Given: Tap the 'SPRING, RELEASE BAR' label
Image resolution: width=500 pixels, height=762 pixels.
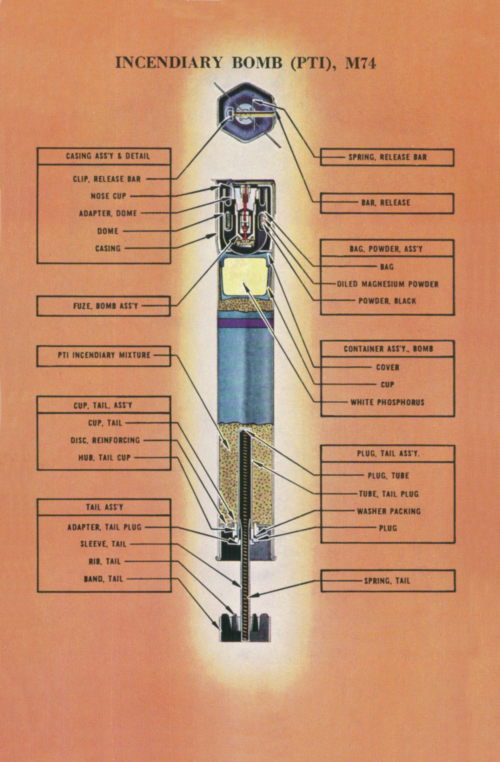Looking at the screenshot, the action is pyautogui.click(x=388, y=157).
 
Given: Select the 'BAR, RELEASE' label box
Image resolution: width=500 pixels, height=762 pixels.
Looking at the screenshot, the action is pyautogui.click(x=387, y=203).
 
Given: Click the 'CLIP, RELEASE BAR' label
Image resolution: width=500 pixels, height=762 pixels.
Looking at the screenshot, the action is pyautogui.click(x=107, y=179).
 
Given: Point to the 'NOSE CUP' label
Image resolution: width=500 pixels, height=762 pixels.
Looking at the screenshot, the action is pyautogui.click(x=109, y=196).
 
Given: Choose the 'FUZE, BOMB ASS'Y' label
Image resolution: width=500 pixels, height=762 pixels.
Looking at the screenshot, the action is pyautogui.click(x=106, y=306).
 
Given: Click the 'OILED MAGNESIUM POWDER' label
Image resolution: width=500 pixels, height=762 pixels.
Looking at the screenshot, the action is pyautogui.click(x=388, y=284).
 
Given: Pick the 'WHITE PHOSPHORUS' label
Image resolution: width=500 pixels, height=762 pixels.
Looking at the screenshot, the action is pyautogui.click(x=387, y=402).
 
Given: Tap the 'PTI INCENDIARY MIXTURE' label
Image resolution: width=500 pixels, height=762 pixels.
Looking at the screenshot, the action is pyautogui.click(x=104, y=355).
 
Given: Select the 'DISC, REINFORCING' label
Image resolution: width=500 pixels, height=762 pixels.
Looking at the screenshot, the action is pyautogui.click(x=105, y=440).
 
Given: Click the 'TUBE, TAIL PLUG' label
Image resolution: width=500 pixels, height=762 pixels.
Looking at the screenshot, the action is pyautogui.click(x=389, y=494).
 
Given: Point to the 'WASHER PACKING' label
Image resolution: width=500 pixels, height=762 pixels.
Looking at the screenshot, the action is pyautogui.click(x=389, y=511).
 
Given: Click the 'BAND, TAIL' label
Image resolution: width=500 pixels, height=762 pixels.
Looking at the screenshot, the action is pyautogui.click(x=103, y=579).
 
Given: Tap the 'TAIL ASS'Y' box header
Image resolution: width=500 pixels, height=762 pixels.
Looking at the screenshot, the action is pyautogui.click(x=104, y=507).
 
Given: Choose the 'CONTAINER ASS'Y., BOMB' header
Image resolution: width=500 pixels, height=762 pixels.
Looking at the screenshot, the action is pyautogui.click(x=388, y=349).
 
